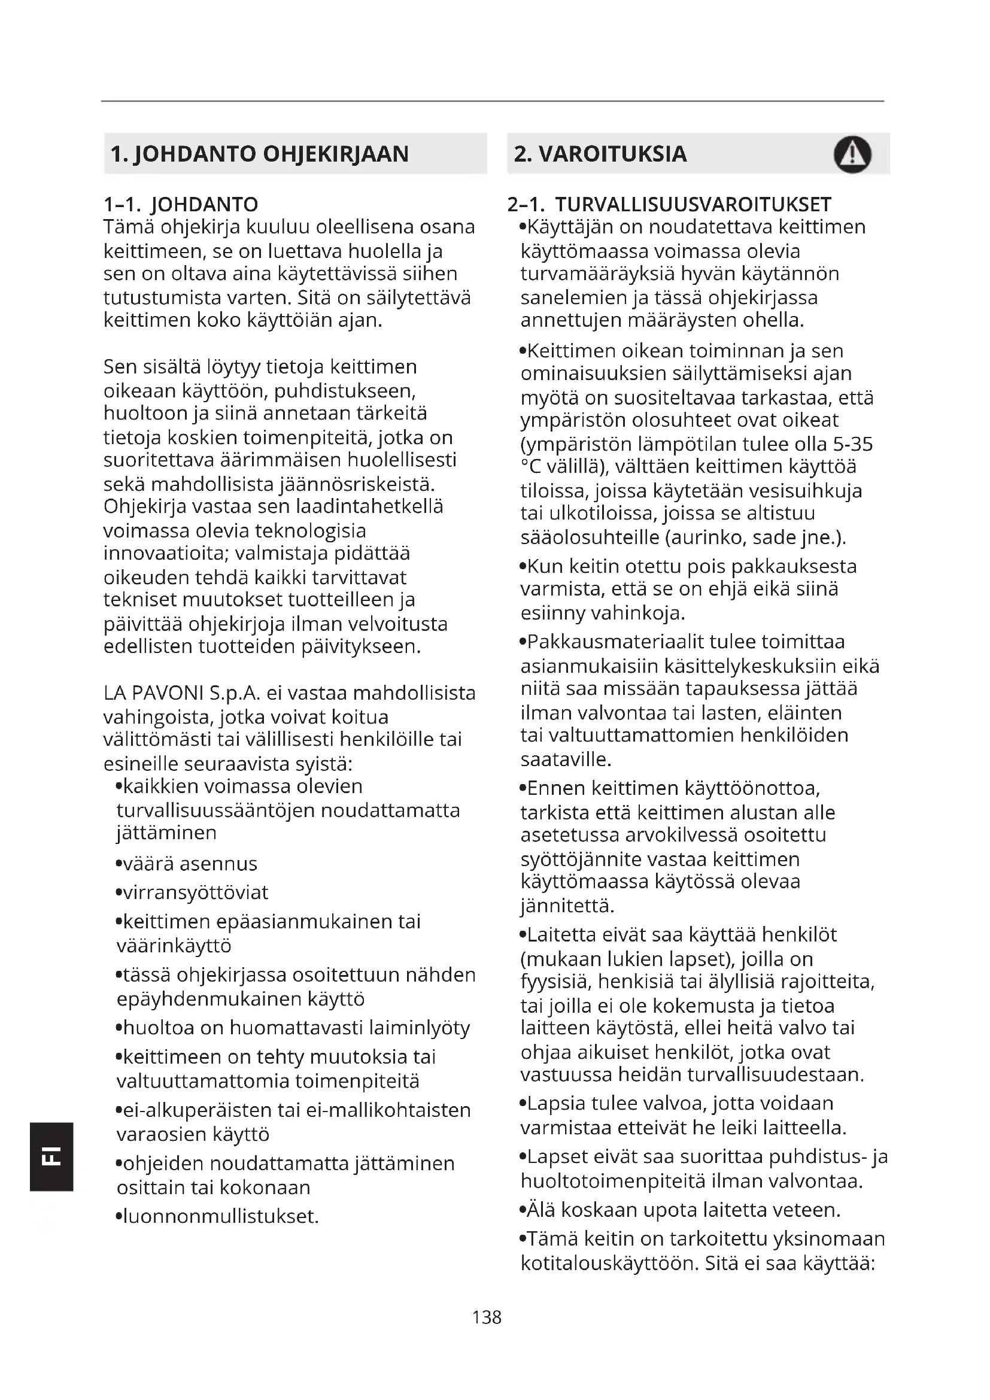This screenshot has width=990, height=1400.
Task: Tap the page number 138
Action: point(487,1318)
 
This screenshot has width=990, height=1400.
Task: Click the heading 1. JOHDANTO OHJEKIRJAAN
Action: point(259,154)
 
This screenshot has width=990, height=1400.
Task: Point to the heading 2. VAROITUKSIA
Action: point(600,154)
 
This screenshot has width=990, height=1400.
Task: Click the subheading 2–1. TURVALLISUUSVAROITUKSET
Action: point(669,204)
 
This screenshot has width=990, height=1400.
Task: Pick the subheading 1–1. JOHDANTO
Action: point(181,204)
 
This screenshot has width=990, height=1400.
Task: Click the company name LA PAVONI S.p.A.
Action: point(182,693)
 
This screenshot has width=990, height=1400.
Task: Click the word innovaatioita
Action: point(166,554)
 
